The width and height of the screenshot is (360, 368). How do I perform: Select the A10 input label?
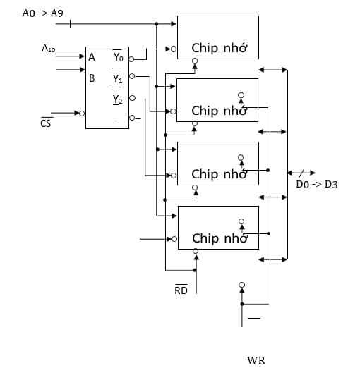tap(48, 49)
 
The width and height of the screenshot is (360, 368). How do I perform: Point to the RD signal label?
tap(181, 290)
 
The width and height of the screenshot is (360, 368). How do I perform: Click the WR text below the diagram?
tap(256, 360)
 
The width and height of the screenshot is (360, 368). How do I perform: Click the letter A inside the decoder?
tap(92, 58)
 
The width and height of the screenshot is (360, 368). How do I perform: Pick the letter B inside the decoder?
tap(92, 78)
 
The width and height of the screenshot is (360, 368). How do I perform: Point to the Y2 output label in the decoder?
tap(117, 100)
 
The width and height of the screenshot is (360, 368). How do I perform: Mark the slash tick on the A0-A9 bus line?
tap(70, 24)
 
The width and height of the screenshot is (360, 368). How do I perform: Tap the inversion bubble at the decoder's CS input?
tap(83, 113)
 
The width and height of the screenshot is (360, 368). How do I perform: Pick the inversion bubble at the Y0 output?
tap(131, 59)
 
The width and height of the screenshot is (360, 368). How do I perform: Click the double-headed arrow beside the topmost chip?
tap(273, 70)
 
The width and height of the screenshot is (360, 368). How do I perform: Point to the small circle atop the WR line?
tap(241, 286)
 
